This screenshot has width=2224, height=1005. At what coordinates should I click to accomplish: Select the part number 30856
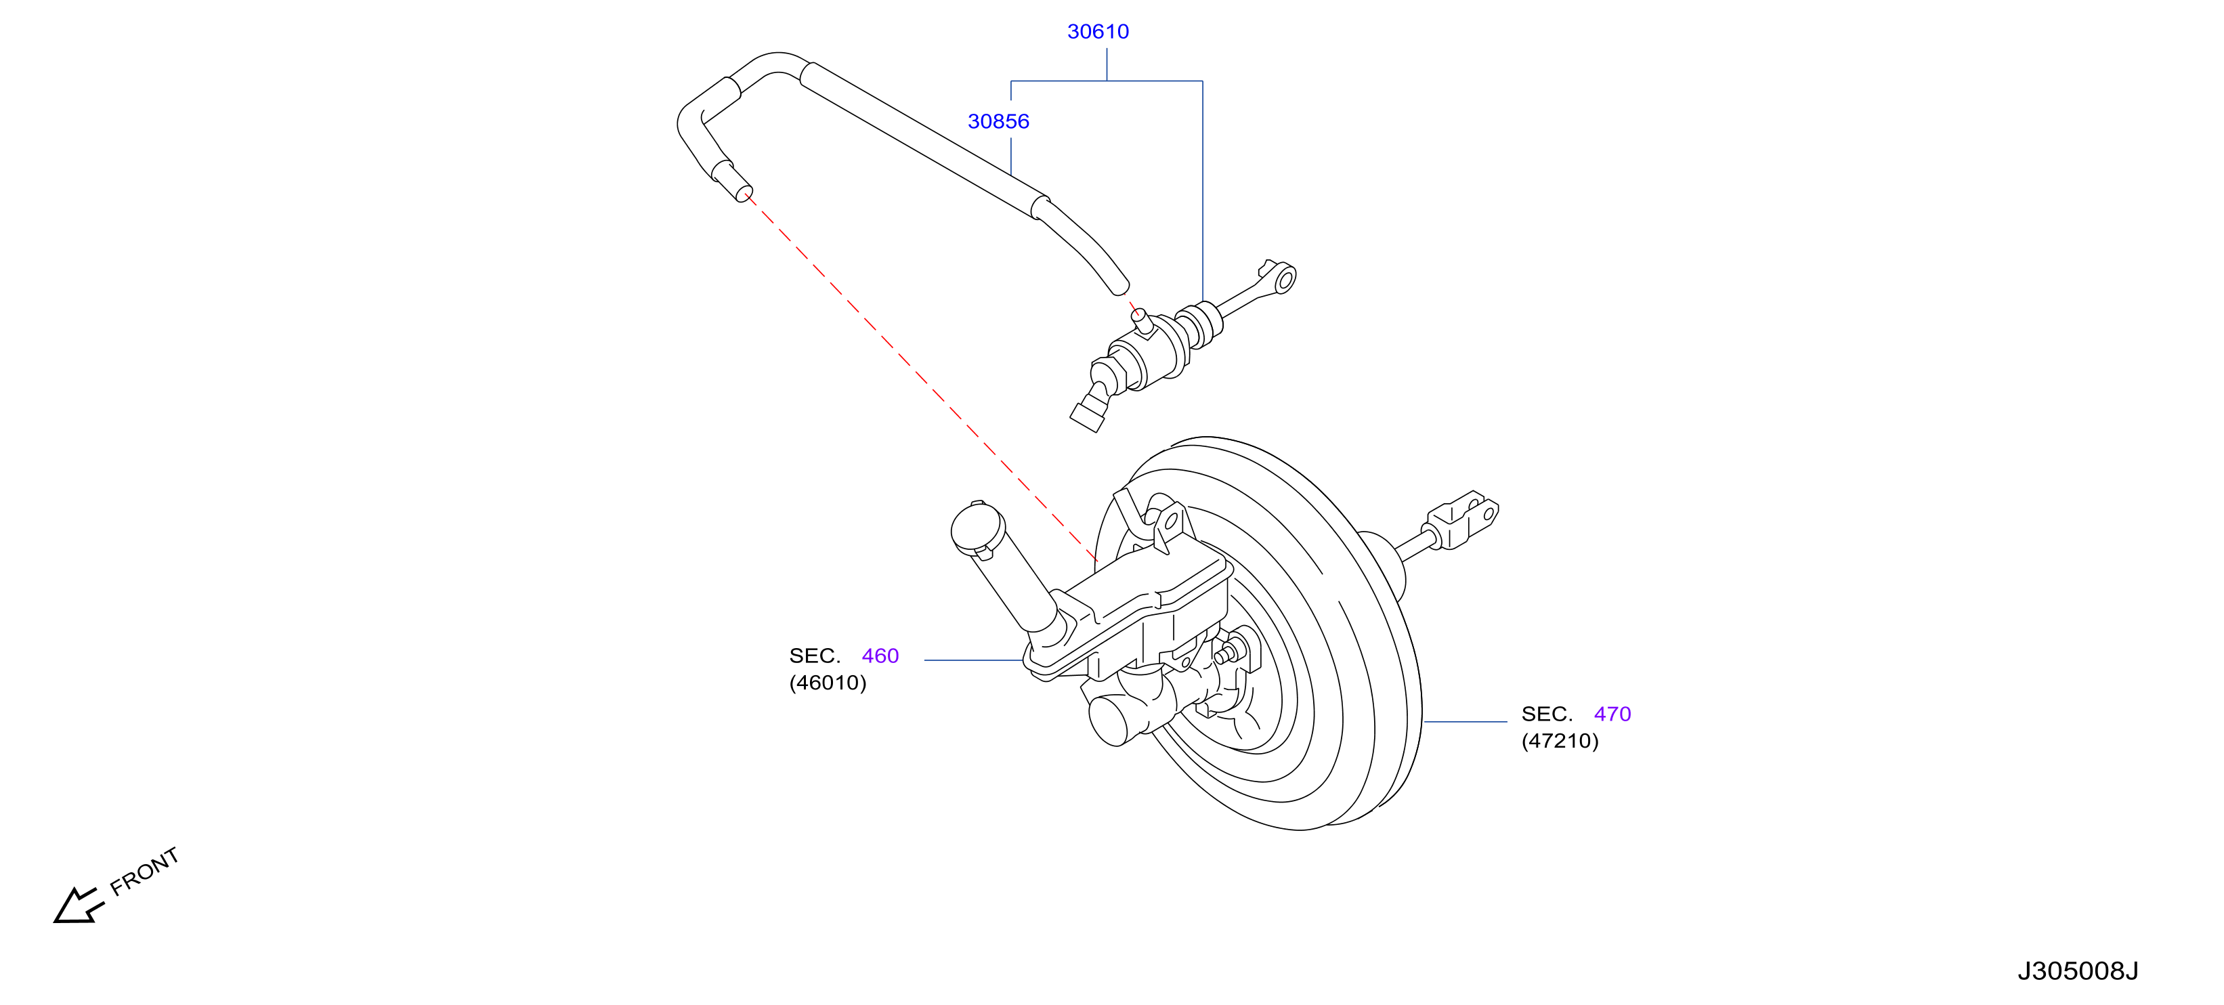pos(998,122)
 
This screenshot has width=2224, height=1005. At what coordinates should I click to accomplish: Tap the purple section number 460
pos(880,656)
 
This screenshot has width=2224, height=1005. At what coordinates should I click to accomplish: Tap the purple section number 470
pos(1612,714)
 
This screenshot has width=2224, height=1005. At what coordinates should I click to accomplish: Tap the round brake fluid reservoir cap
pos(977,527)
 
